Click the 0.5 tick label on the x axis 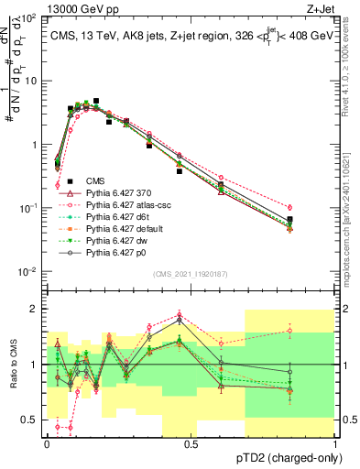(x=190, y=443)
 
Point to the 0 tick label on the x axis (x=46, y=443)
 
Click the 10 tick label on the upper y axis (x=31, y=81)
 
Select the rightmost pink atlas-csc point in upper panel (x=315, y=208)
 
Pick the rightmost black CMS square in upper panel (x=315, y=220)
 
